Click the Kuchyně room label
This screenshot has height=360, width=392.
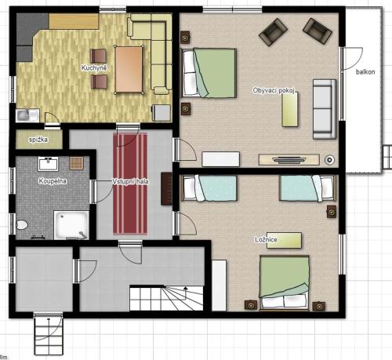(94, 67)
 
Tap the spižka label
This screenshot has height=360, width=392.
(38, 140)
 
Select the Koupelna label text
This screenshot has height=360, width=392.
(53, 181)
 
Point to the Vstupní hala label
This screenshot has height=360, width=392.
(130, 181)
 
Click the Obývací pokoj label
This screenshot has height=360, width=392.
(274, 90)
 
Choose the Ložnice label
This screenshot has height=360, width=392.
(266, 239)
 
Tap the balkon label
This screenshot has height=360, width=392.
(365, 72)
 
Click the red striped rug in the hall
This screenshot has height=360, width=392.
(130, 184)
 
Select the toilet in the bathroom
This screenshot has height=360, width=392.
(22, 225)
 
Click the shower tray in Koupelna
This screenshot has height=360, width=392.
(71, 225)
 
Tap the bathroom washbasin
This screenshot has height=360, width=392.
(49, 164)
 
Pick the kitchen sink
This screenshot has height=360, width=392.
(27, 115)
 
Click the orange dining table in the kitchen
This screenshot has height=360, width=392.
(129, 69)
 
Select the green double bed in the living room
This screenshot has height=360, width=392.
(209, 73)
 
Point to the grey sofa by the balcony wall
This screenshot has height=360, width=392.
(325, 109)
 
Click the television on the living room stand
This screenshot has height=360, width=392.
(289, 159)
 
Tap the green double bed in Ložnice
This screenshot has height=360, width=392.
(285, 283)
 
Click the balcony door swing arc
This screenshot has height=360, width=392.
(357, 62)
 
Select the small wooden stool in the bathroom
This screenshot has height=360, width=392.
(77, 162)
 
